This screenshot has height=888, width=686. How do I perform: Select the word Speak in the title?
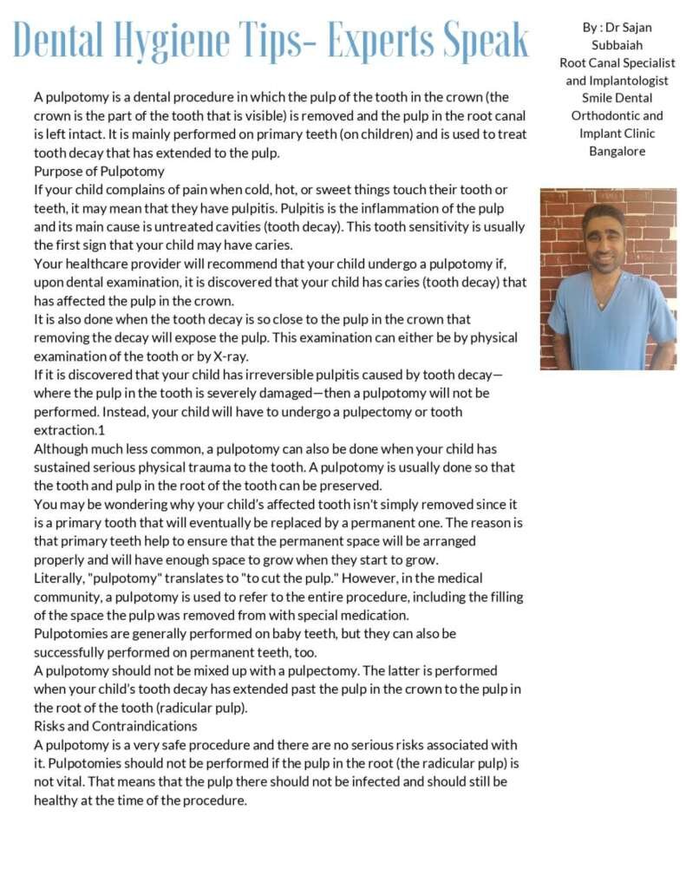pos(483,40)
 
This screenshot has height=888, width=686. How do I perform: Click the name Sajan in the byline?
pos(634,28)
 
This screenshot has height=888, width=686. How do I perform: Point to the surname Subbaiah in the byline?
pos(617,45)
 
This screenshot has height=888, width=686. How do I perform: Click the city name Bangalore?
pos(617,151)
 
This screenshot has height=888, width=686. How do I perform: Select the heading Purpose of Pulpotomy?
pos(99,172)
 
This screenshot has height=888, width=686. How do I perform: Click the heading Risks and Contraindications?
pos(115,726)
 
